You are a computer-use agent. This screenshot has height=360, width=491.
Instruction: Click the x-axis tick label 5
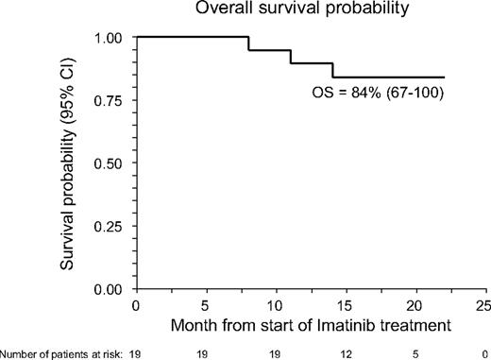pyautogui.click(x=206, y=306)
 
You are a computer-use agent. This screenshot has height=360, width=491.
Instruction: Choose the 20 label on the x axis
pyautogui.click(x=415, y=306)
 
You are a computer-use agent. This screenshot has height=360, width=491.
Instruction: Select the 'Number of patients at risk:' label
pyautogui.click(x=59, y=351)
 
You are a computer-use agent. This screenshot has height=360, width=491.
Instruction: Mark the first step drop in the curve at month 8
pyautogui.click(x=248, y=43)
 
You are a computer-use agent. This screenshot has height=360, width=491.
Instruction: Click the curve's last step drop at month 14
pyautogui.click(x=332, y=71)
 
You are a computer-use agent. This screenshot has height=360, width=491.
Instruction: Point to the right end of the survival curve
pyautogui.click(x=444, y=77)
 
